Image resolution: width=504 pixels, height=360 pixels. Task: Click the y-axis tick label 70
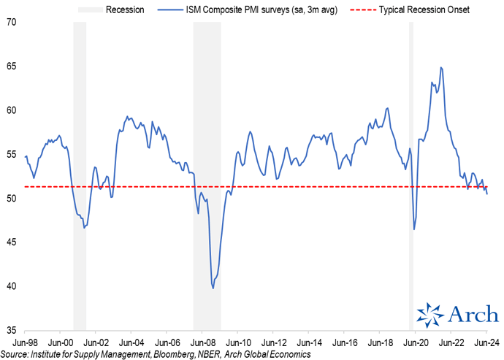tap(12, 23)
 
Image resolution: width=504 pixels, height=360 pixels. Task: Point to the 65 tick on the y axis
tap(12, 66)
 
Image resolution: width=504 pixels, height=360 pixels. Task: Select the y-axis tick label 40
tap(12, 286)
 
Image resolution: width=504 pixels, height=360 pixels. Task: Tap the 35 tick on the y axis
tap(12, 329)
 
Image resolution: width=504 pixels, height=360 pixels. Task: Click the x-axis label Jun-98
tap(26, 342)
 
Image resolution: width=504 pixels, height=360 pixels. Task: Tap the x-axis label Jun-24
tap(486, 342)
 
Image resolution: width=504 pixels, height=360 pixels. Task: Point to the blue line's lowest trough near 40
tap(213, 288)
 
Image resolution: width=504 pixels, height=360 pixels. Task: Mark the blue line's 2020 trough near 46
tap(414, 229)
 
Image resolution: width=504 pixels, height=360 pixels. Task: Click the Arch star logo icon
tap(429, 313)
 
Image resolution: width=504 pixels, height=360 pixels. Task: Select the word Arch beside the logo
tap(472, 314)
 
